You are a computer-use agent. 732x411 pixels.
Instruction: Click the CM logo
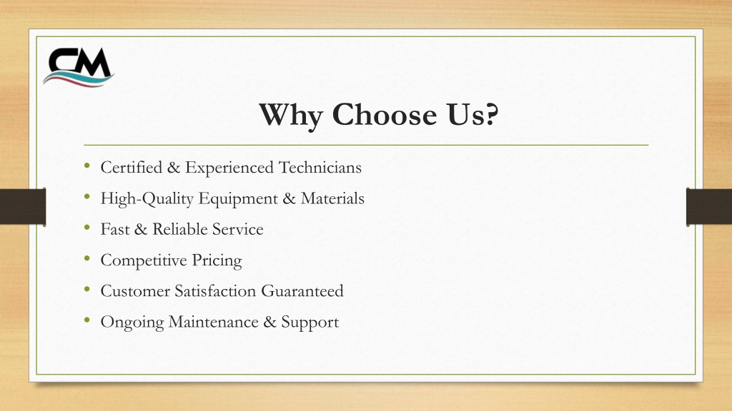[x=79, y=67]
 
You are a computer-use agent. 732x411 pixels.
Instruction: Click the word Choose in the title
[x=384, y=114]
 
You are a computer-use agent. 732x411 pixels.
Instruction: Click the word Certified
[x=132, y=167]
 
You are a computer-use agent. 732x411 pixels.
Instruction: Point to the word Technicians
[x=320, y=167]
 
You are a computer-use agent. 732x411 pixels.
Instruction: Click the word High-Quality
[x=147, y=199]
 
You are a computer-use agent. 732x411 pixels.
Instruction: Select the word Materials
[x=332, y=198]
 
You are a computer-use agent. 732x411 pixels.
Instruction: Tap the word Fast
[x=115, y=229]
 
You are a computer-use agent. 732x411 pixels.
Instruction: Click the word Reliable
[x=180, y=229]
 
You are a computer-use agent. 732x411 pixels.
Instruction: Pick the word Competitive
[x=144, y=260]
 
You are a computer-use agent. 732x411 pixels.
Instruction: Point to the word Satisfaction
[x=215, y=291]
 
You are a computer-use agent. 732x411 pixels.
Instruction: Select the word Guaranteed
[x=302, y=291]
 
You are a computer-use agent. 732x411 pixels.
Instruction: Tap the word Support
[x=310, y=323]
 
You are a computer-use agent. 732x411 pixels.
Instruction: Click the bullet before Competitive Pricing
[x=86, y=258]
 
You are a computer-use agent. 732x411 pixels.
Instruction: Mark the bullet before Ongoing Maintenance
[x=86, y=320]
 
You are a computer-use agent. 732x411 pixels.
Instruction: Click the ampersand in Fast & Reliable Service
[x=141, y=229]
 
